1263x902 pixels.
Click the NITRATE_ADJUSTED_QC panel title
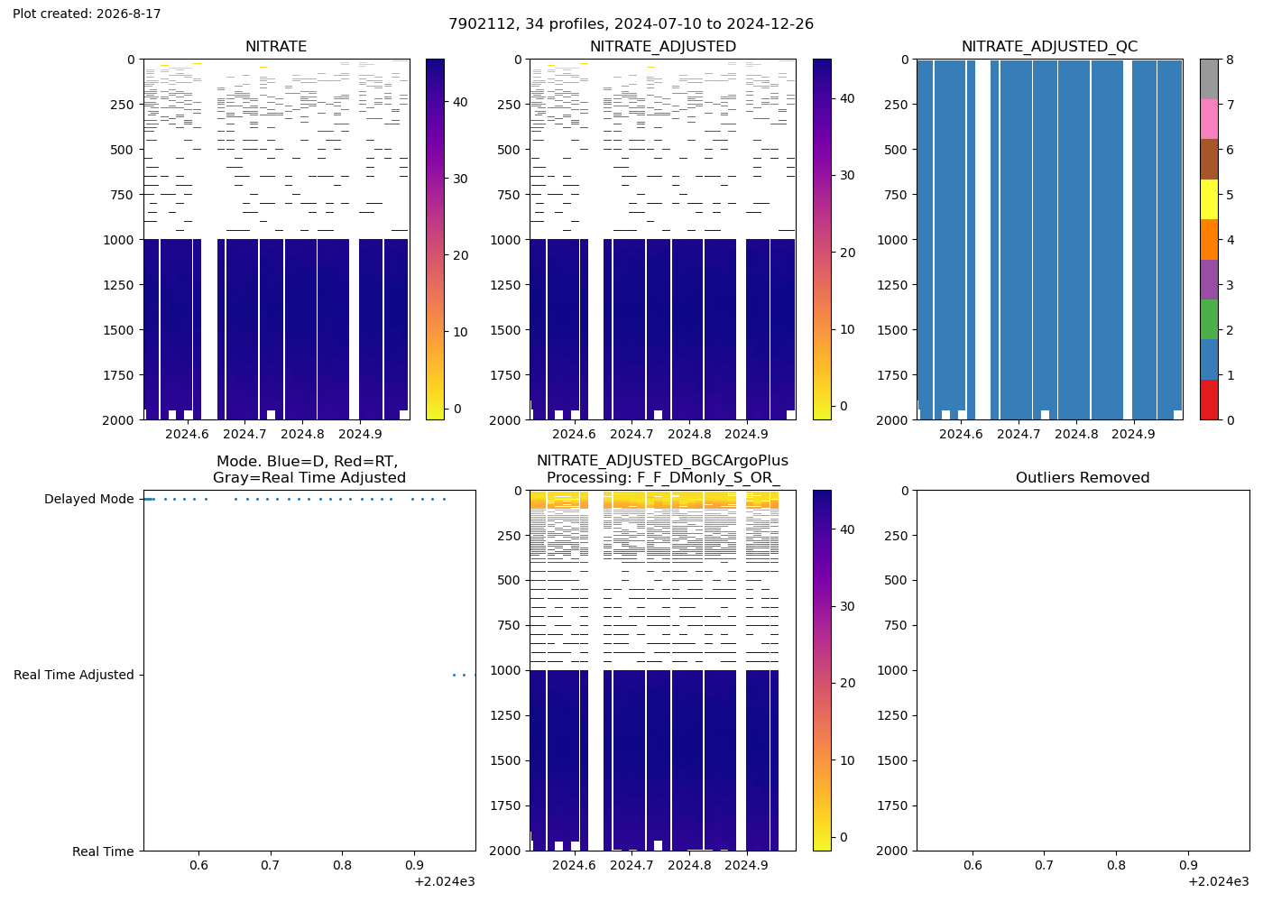coord(1049,46)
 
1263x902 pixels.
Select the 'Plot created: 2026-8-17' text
coord(87,14)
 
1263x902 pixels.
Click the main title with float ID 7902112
coord(631,23)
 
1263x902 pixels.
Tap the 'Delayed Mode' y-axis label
coord(89,499)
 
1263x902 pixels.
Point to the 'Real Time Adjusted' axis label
coord(74,675)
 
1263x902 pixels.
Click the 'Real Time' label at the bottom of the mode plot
coord(103,851)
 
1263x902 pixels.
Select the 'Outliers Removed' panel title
coord(1083,477)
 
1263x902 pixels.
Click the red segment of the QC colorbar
coord(1209,400)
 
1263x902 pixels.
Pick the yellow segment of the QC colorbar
coord(1209,199)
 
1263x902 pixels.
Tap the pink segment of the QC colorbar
coord(1209,119)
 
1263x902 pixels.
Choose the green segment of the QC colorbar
coord(1209,319)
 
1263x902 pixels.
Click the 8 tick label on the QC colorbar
coord(1230,60)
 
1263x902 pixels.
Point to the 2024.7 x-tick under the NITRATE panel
coord(244,434)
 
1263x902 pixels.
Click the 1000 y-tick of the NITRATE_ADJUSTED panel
coord(506,240)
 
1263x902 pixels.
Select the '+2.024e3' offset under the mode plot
coord(445,882)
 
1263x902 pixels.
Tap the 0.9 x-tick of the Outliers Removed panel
coord(1188,865)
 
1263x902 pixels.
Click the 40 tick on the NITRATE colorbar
coord(461,102)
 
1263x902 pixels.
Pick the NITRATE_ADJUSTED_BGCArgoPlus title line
coord(662,461)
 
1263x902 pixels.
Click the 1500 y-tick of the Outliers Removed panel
coord(892,760)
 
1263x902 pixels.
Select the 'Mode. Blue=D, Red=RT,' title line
coord(308,461)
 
